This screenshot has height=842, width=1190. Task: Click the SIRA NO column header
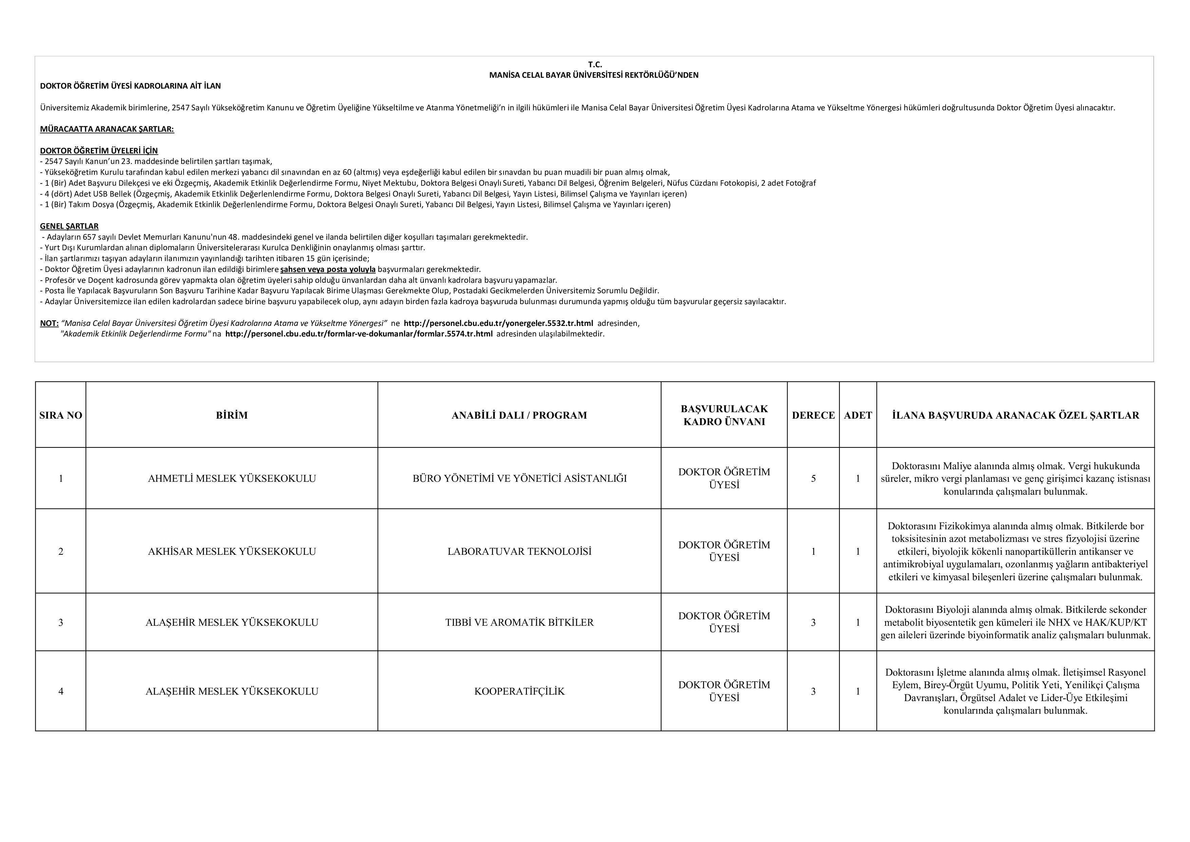(x=61, y=415)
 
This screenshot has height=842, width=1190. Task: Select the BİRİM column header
(x=232, y=415)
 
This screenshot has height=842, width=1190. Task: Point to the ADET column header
(x=858, y=415)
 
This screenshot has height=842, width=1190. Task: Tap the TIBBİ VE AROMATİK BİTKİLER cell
(x=519, y=622)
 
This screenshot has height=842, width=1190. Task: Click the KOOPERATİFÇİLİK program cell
(x=519, y=691)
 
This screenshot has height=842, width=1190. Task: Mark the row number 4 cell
(x=61, y=691)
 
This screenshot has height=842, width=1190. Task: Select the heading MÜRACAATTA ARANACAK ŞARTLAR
(x=107, y=129)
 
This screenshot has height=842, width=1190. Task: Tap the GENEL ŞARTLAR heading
(x=69, y=226)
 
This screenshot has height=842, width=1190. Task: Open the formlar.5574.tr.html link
(x=359, y=334)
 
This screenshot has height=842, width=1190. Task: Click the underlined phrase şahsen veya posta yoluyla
(x=327, y=270)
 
